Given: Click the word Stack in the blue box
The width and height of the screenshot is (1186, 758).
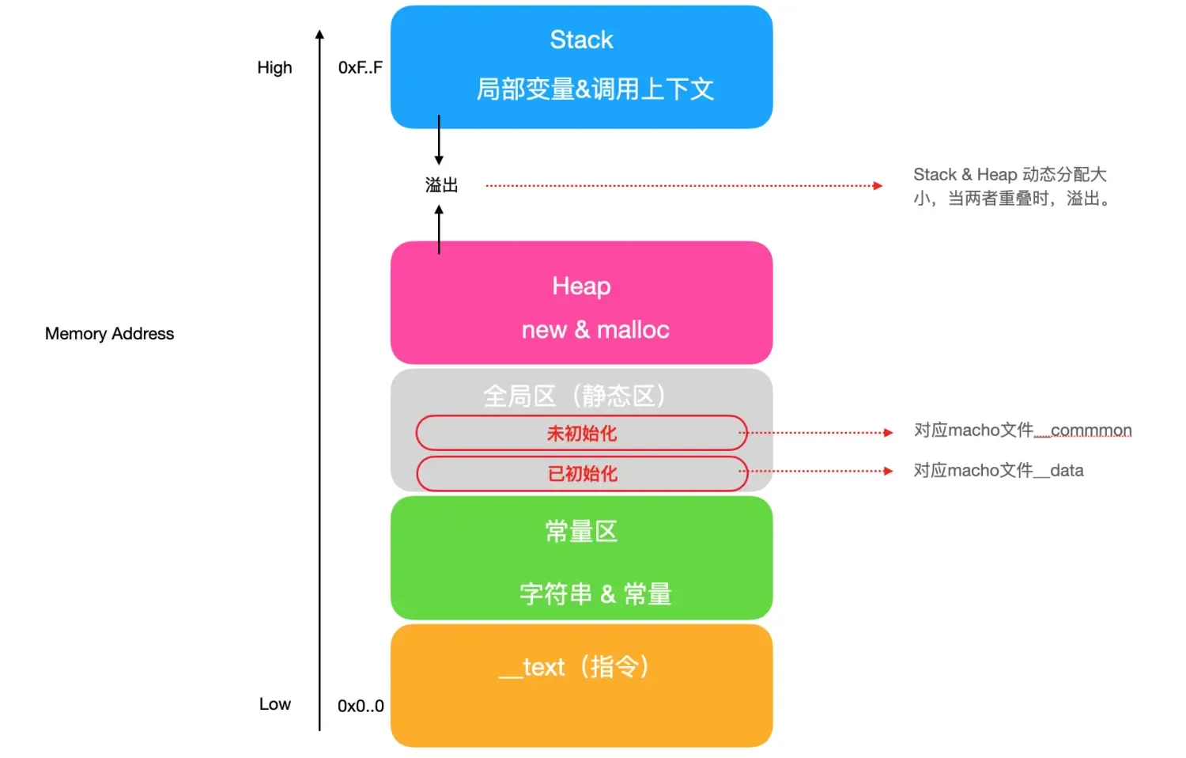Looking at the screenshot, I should point(581,40).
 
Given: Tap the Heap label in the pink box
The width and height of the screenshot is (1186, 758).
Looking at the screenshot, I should point(581,286).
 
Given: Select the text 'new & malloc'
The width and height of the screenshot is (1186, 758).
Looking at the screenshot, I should point(595,329).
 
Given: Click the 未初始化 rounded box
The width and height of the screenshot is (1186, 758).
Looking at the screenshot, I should point(581,433).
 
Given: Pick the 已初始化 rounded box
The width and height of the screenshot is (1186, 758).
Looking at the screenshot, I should point(582,473).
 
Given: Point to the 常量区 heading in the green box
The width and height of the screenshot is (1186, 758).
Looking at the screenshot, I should point(581,531).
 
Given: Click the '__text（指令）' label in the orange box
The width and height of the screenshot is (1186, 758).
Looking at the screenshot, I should point(575,666).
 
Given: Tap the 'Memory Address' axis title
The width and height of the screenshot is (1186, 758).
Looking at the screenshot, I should point(109,333).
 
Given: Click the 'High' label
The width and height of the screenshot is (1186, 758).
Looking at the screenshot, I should point(274,67).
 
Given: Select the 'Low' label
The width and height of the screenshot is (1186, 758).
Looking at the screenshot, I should point(274,703).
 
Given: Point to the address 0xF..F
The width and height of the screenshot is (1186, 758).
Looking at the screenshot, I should point(360,67).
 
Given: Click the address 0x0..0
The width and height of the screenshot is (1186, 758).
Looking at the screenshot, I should point(361,706).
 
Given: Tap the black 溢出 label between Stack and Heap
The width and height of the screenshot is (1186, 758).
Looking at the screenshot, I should point(441,185).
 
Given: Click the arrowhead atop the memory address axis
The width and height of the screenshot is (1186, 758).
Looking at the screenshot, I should point(319,35).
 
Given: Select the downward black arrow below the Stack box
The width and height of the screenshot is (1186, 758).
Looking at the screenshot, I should point(439,142).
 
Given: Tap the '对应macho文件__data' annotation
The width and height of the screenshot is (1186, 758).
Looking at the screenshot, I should point(998,471).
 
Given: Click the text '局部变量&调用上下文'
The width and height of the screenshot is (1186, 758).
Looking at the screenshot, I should point(595,89).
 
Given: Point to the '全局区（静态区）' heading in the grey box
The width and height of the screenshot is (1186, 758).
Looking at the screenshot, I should point(575,395).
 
